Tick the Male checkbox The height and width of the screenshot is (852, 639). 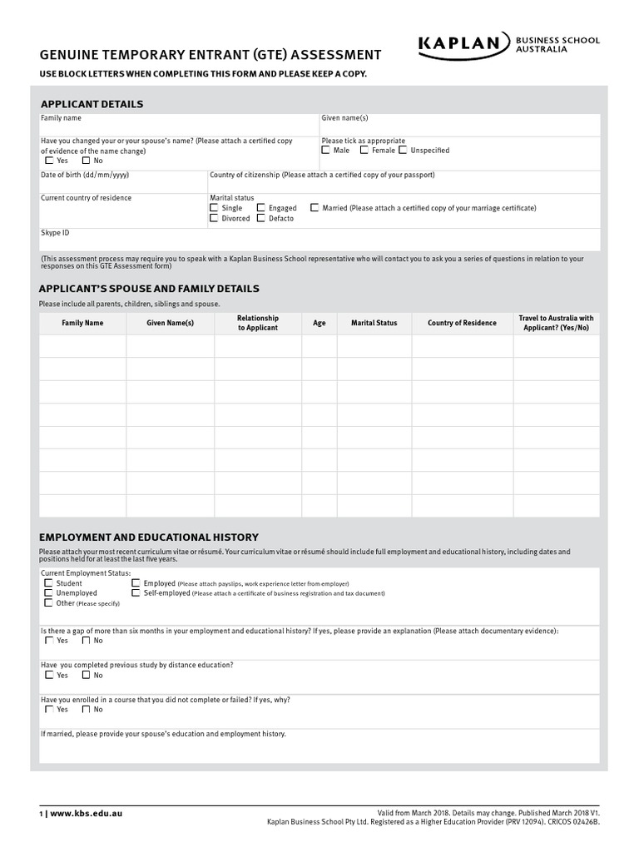(x=326, y=151)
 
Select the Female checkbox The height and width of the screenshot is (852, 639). (x=364, y=151)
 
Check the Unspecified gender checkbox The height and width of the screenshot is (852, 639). (x=403, y=151)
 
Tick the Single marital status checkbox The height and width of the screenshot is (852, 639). (x=214, y=208)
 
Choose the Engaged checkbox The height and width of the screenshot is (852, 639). (x=261, y=208)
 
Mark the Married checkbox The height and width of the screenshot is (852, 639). (x=315, y=208)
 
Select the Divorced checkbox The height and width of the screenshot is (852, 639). (x=214, y=218)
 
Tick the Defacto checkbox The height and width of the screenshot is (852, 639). (x=261, y=218)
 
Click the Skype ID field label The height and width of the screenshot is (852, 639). (x=55, y=233)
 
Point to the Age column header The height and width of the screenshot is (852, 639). (x=319, y=323)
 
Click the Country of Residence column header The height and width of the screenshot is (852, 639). (x=462, y=323)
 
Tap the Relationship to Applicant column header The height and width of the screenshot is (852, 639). (x=258, y=323)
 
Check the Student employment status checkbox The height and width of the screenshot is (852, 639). (x=48, y=584)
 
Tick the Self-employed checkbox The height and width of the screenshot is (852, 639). (x=136, y=593)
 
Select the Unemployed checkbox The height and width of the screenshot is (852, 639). (x=48, y=593)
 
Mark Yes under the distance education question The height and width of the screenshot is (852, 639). (x=48, y=676)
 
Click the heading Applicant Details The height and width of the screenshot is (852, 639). (x=92, y=104)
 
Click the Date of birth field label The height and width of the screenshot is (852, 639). (x=85, y=176)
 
